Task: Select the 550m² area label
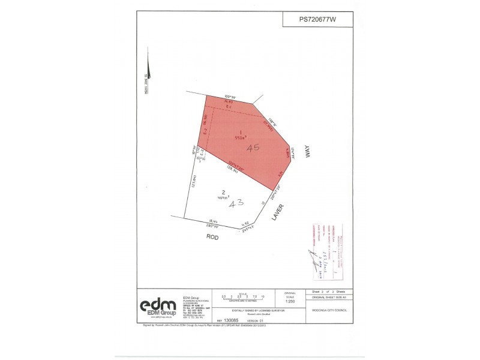pyautogui.click(x=240, y=136)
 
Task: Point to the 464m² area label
pyautogui.click(x=223, y=196)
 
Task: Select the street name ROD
pyautogui.click(x=212, y=237)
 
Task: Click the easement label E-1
pyautogui.click(x=229, y=106)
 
